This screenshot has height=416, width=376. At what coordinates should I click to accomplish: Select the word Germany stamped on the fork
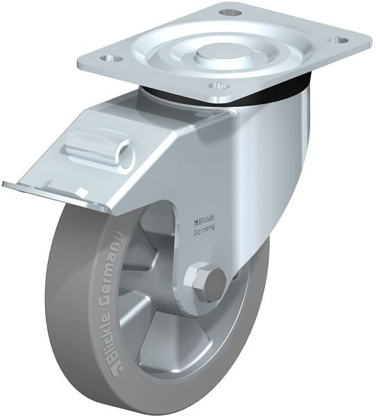205,229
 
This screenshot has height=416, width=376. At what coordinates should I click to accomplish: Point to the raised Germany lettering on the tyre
114,268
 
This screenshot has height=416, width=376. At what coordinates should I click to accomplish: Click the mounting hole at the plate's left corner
111,58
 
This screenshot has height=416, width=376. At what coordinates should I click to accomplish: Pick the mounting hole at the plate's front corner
219,86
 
